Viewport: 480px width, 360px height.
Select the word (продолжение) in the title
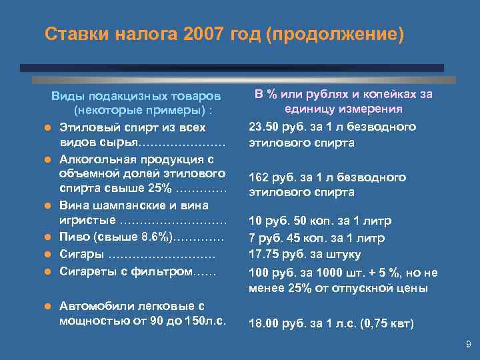coord(334,34)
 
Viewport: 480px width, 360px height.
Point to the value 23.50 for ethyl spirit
coord(263,127)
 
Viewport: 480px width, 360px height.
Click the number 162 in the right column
coord(258,177)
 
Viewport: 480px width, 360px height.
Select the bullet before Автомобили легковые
coord(48,306)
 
